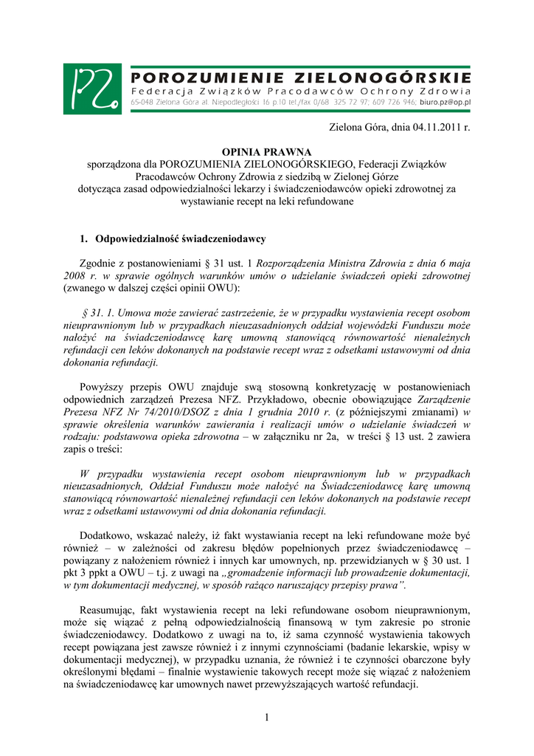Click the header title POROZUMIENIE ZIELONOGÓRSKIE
click(x=301, y=77)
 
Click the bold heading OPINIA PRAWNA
click(x=267, y=151)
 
